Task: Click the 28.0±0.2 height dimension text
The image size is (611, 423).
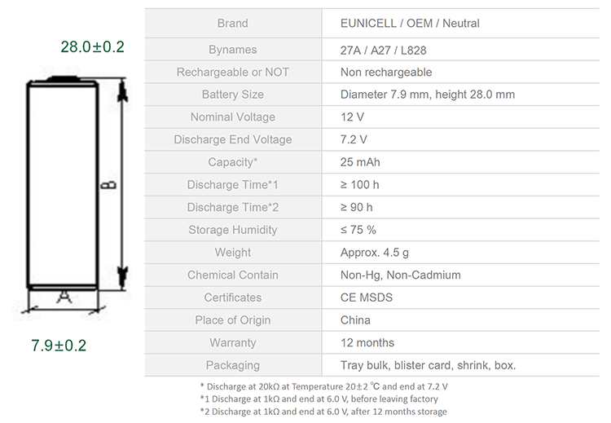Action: pyautogui.click(x=92, y=46)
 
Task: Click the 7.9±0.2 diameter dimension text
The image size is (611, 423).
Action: pyautogui.click(x=59, y=346)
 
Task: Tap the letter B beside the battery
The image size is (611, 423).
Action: pyautogui.click(x=108, y=185)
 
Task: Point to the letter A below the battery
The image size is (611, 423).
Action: pyautogui.click(x=64, y=297)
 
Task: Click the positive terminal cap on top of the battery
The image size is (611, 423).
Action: pyautogui.click(x=63, y=79)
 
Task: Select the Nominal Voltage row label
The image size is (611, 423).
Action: pyautogui.click(x=233, y=117)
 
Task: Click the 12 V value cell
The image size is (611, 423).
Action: pyautogui.click(x=352, y=117)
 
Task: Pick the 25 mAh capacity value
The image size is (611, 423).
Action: pyautogui.click(x=360, y=162)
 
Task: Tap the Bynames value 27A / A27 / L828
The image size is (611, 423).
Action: pyautogui.click(x=384, y=51)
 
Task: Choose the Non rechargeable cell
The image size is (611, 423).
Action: pyautogui.click(x=386, y=72)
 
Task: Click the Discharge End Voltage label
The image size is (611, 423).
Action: pyautogui.click(x=233, y=139)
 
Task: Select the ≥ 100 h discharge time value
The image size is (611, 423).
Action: pyautogui.click(x=359, y=185)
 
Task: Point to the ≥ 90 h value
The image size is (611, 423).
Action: pyautogui.click(x=357, y=207)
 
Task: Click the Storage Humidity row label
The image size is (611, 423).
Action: pyautogui.click(x=233, y=230)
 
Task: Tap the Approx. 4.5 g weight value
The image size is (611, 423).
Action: pyautogui.click(x=375, y=253)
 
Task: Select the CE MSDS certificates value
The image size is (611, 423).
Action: pyautogui.click(x=367, y=297)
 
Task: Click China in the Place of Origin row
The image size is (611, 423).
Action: pyautogui.click(x=355, y=320)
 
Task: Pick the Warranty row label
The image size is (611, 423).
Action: pyautogui.click(x=233, y=342)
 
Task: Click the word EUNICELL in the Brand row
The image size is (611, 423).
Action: pyautogui.click(x=368, y=24)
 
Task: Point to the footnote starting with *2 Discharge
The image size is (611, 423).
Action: pyautogui.click(x=323, y=412)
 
